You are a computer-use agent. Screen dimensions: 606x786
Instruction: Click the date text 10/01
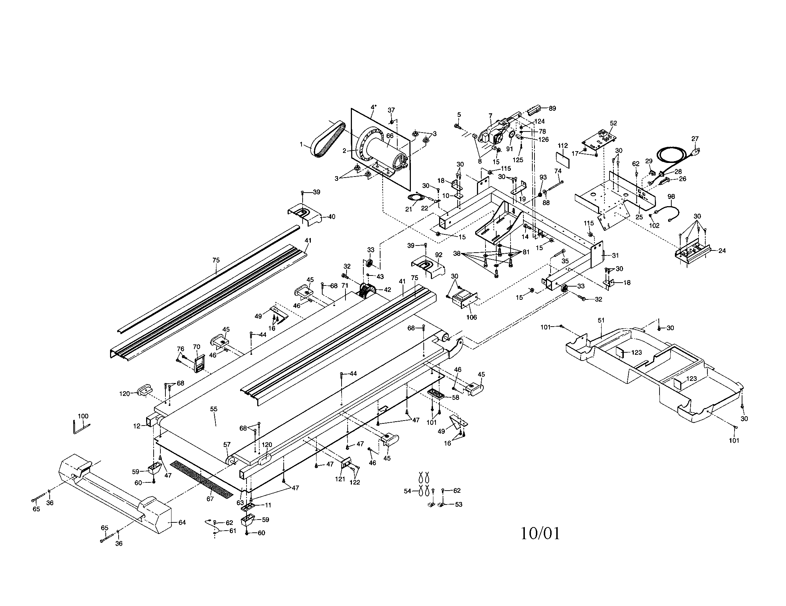540,533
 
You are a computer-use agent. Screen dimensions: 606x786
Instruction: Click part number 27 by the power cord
695,139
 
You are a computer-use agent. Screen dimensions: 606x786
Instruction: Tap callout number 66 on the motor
390,136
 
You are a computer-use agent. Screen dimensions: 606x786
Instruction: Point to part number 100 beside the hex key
83,416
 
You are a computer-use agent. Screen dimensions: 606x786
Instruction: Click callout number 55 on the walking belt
214,409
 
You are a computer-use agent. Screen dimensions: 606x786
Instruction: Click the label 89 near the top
552,108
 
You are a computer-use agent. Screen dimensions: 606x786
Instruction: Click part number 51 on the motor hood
601,320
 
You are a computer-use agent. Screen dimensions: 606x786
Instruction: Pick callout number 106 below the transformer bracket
472,317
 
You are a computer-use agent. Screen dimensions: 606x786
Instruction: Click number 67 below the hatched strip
210,499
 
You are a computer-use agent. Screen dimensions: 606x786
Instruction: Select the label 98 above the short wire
671,197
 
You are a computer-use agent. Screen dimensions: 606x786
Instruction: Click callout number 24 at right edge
722,251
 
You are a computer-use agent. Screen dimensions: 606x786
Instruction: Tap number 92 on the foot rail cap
438,255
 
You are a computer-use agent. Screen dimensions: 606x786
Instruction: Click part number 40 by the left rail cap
332,217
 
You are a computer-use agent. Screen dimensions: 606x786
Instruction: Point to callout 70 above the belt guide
196,347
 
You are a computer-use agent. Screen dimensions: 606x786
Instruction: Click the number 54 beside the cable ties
407,491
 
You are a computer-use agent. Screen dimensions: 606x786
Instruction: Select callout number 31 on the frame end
616,255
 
